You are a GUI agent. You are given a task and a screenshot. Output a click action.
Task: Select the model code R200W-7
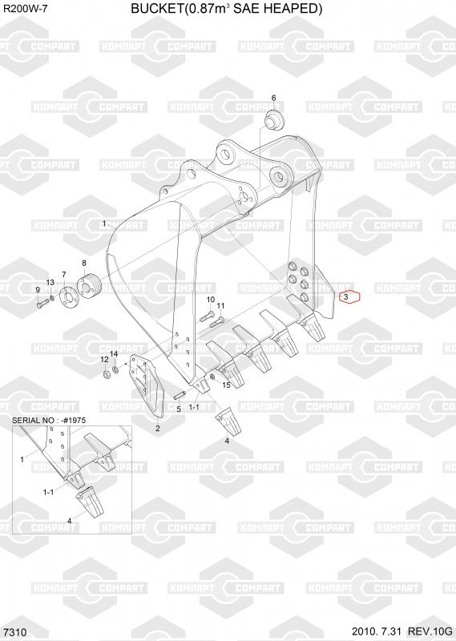click(25, 7)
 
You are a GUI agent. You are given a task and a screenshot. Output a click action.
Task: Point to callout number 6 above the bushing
click(273, 98)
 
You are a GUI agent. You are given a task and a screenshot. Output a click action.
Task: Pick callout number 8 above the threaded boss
click(84, 264)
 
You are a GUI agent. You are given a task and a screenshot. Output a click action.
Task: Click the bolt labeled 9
click(44, 303)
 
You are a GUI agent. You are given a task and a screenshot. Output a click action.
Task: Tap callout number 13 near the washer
click(50, 283)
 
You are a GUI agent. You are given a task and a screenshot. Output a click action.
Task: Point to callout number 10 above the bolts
click(210, 300)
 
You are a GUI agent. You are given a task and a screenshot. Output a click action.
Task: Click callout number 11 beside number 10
click(220, 306)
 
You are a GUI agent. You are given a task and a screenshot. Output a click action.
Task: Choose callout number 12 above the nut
click(105, 359)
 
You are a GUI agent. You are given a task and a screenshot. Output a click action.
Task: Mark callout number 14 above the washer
click(114, 353)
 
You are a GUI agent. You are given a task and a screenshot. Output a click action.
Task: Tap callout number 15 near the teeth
click(226, 385)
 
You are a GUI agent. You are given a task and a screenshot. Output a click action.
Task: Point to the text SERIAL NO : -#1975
click(49, 420)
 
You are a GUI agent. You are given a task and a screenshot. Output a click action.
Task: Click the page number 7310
click(16, 632)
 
